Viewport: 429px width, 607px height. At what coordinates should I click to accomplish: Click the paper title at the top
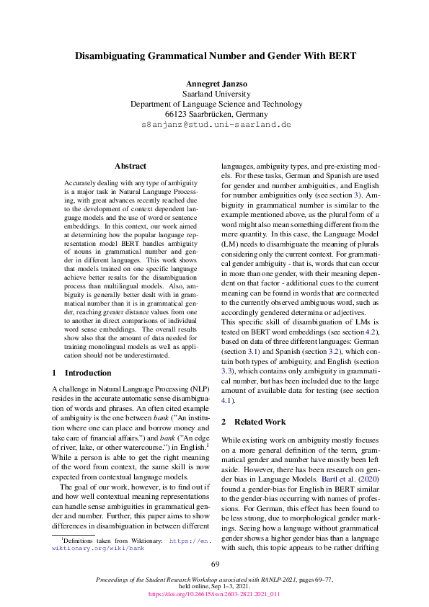[214, 56]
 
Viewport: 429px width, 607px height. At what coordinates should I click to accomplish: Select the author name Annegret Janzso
[214, 83]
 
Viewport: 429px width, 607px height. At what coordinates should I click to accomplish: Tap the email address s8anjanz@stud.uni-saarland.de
[214, 124]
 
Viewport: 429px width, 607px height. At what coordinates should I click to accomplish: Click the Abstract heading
[131, 165]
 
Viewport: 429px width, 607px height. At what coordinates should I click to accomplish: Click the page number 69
[214, 563]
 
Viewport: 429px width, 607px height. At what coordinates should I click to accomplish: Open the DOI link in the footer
[214, 594]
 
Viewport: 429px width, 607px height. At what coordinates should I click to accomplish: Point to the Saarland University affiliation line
[214, 94]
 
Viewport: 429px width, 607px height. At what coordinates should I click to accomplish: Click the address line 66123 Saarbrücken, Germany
[214, 114]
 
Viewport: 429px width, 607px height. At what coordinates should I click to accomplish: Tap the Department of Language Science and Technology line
[214, 104]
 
